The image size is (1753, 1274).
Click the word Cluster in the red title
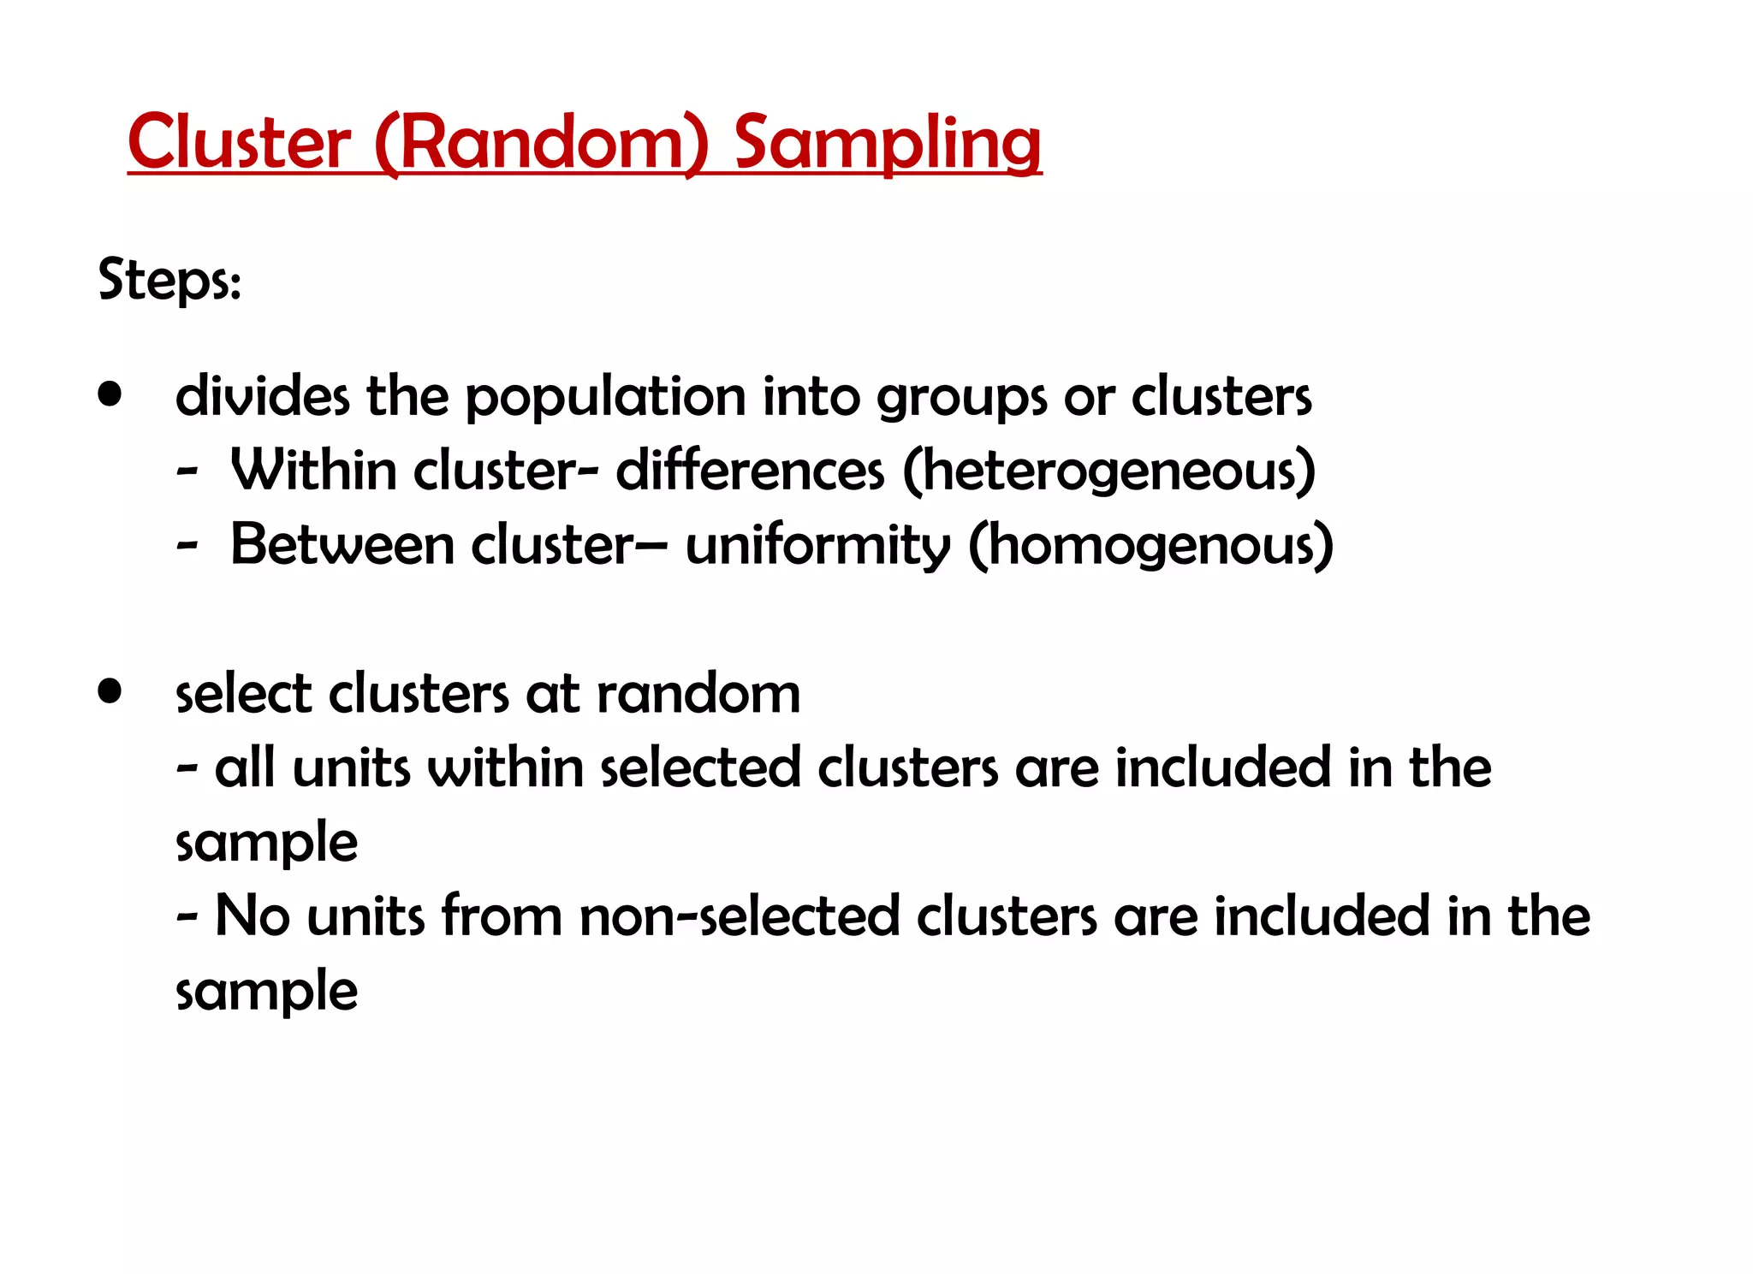coord(239,142)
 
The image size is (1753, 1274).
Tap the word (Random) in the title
coord(542,142)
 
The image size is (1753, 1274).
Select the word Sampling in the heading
coord(888,142)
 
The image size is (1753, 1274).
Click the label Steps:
coord(169,280)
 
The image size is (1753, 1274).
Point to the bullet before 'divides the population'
coord(110,395)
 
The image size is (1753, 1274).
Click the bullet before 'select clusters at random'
coord(110,691)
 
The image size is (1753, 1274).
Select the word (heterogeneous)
coord(1109,471)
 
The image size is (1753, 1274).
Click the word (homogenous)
coord(1150,546)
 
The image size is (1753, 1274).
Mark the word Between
coord(342,545)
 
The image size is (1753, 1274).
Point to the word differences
coord(750,471)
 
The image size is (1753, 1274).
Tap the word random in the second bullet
coord(698,693)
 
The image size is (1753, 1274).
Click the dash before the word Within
coord(187,472)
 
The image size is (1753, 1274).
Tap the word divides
coord(262,397)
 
